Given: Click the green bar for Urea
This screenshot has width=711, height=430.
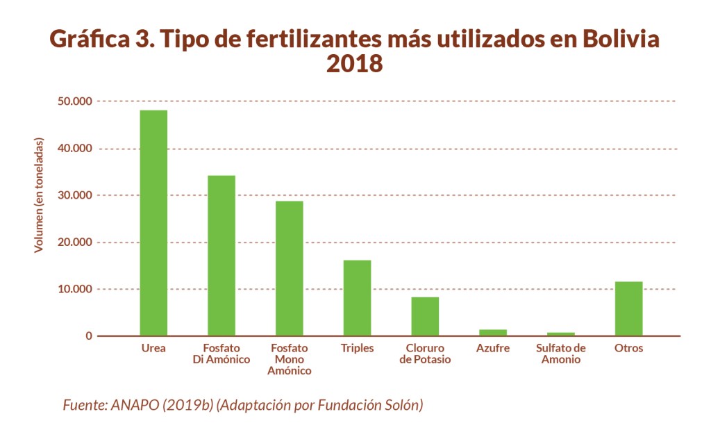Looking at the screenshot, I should click(x=153, y=222).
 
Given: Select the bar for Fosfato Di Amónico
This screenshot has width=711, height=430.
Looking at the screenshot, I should click(x=221, y=255).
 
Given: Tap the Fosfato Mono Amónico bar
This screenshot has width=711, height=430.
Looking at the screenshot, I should click(x=289, y=268).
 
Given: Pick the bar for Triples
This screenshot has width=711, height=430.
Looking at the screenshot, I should click(x=357, y=298).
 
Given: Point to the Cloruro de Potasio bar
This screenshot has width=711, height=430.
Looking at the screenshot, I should click(x=425, y=316).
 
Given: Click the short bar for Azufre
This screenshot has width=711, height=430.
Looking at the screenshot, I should click(x=493, y=333).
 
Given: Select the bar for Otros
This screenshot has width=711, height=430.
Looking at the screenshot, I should click(x=628, y=308).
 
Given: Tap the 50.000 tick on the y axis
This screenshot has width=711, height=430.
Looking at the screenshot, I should click(x=74, y=101).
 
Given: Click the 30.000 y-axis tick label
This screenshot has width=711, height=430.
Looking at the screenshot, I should click(x=74, y=195).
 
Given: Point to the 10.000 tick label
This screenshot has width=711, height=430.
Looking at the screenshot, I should click(x=74, y=289).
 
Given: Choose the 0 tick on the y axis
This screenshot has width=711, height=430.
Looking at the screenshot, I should click(x=89, y=336).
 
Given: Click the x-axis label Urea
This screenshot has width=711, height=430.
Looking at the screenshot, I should click(x=153, y=348).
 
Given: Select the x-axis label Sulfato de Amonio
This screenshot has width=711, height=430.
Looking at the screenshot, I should click(x=561, y=354).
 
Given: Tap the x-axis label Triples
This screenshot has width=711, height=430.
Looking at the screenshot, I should click(x=357, y=348).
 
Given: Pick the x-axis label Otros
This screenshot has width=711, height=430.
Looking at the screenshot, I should click(x=628, y=348).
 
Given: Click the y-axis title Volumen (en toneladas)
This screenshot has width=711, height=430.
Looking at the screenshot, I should click(x=39, y=195).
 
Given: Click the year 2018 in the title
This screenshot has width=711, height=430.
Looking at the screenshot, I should click(x=355, y=65).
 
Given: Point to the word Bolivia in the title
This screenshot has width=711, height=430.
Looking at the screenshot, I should click(x=620, y=39).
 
